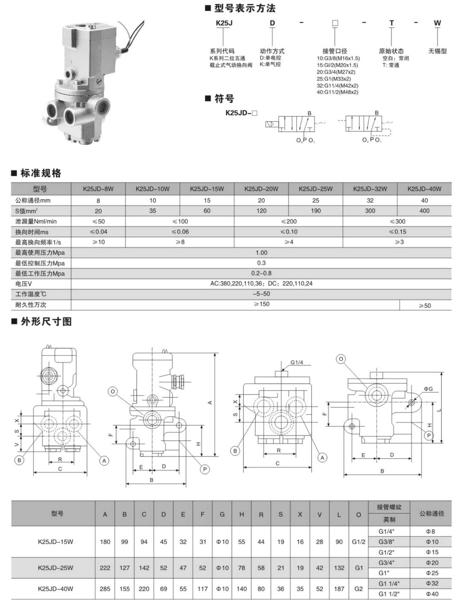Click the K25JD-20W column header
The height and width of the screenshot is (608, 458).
(261, 189)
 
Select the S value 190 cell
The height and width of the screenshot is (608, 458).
(316, 211)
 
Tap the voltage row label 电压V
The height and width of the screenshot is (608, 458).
(24, 284)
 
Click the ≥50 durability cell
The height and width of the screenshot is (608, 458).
(425, 306)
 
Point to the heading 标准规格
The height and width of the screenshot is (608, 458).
(41, 173)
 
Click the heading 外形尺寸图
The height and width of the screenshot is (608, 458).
(46, 321)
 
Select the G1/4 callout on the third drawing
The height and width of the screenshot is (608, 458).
(297, 363)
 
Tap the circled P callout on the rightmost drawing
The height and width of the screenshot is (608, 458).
(429, 435)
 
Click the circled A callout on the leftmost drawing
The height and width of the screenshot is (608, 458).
(104, 461)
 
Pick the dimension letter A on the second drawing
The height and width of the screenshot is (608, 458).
(210, 402)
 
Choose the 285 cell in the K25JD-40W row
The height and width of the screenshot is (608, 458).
(105, 589)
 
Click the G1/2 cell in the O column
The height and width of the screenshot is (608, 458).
(359, 542)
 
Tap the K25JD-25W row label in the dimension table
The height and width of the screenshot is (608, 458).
(56, 568)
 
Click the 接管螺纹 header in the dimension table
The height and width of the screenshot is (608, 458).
(389, 507)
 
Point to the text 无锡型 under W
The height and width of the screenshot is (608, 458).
(437, 51)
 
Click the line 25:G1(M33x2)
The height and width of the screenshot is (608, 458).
(334, 79)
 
